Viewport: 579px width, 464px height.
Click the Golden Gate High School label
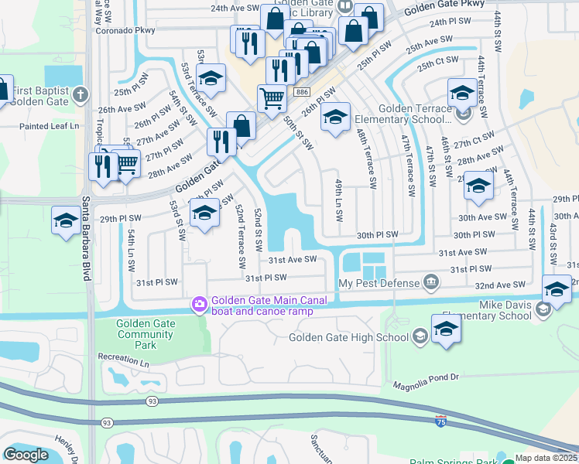click(x=348, y=337)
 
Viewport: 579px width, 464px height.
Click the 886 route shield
click(x=302, y=92)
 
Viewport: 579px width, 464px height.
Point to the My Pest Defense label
click(x=378, y=284)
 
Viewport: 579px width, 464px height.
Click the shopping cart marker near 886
click(x=272, y=99)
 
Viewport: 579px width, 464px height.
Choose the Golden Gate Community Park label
click(x=146, y=334)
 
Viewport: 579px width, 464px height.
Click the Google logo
click(x=26, y=455)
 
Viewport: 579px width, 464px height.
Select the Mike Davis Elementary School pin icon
click(x=543, y=309)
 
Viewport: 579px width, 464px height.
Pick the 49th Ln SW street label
click(x=339, y=200)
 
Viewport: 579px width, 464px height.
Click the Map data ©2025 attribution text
click(x=546, y=458)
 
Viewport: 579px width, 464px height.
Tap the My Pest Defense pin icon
click(x=433, y=284)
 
